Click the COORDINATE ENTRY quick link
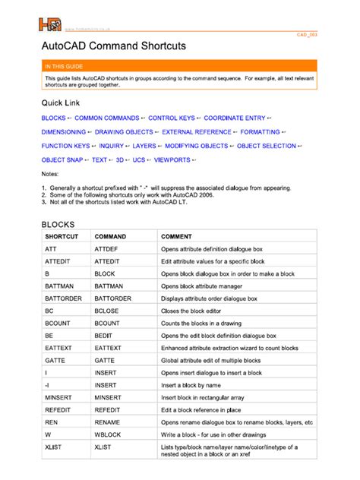tap(236, 118)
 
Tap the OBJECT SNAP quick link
tap(62, 159)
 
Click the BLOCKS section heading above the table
tap(60, 226)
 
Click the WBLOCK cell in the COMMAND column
tap(108, 434)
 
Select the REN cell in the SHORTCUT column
tap(52, 421)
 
